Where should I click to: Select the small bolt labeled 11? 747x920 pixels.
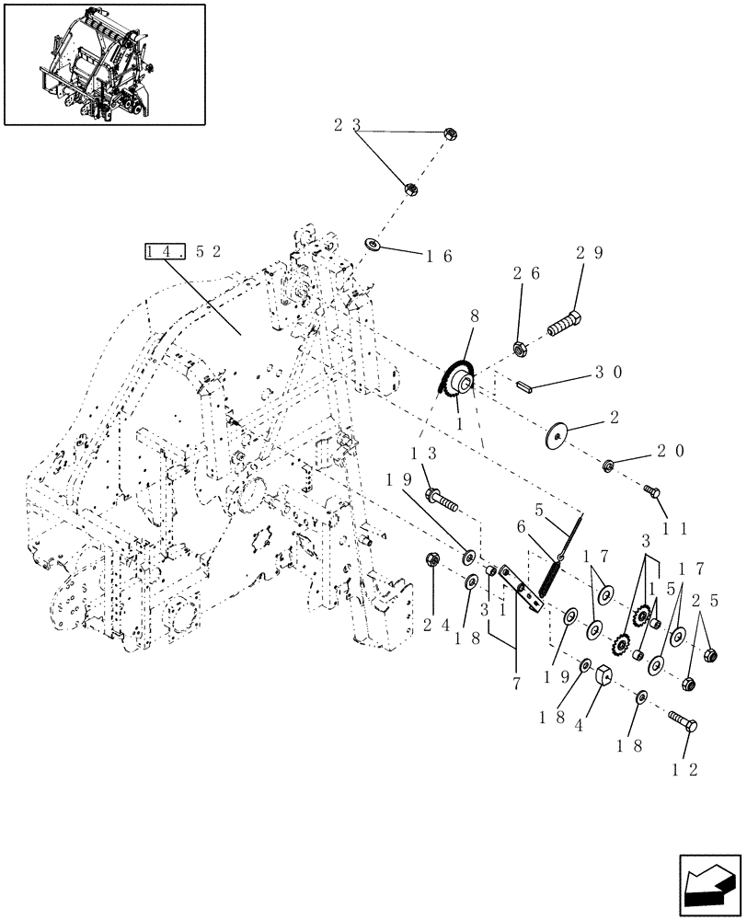tap(654, 492)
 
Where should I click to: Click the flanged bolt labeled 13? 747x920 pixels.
tap(442, 500)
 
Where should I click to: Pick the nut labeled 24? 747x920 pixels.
tap(431, 559)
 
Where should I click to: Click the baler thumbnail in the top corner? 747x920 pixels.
tap(105, 63)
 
